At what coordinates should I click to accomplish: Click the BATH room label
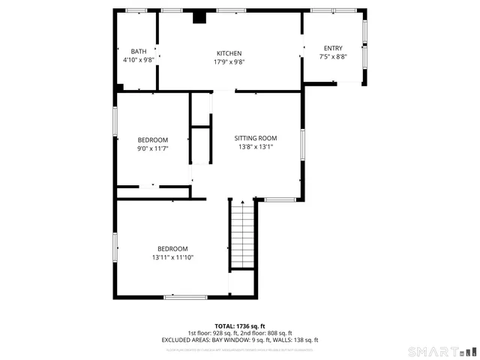coord(139,51)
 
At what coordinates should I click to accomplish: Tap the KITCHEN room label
coord(229,53)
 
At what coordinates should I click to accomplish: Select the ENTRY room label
coord(332,48)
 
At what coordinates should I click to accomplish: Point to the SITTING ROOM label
coord(256,138)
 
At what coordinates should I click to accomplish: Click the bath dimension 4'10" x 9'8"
coord(139,60)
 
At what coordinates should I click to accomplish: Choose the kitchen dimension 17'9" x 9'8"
coord(229,62)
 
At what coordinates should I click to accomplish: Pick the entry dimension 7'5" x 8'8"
coord(332,57)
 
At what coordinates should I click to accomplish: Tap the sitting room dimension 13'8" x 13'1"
coord(256,147)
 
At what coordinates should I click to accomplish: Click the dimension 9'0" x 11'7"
coord(152,149)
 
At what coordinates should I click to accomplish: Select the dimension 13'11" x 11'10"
coord(172,258)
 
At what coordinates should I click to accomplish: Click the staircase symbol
coord(241,237)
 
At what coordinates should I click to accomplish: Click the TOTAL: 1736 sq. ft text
coord(239,326)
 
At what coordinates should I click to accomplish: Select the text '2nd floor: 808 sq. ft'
coord(266,333)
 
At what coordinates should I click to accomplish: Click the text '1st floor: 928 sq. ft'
coord(213,333)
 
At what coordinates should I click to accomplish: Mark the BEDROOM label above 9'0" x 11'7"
coord(152,140)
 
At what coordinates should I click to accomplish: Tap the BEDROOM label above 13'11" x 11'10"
coord(172,249)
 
